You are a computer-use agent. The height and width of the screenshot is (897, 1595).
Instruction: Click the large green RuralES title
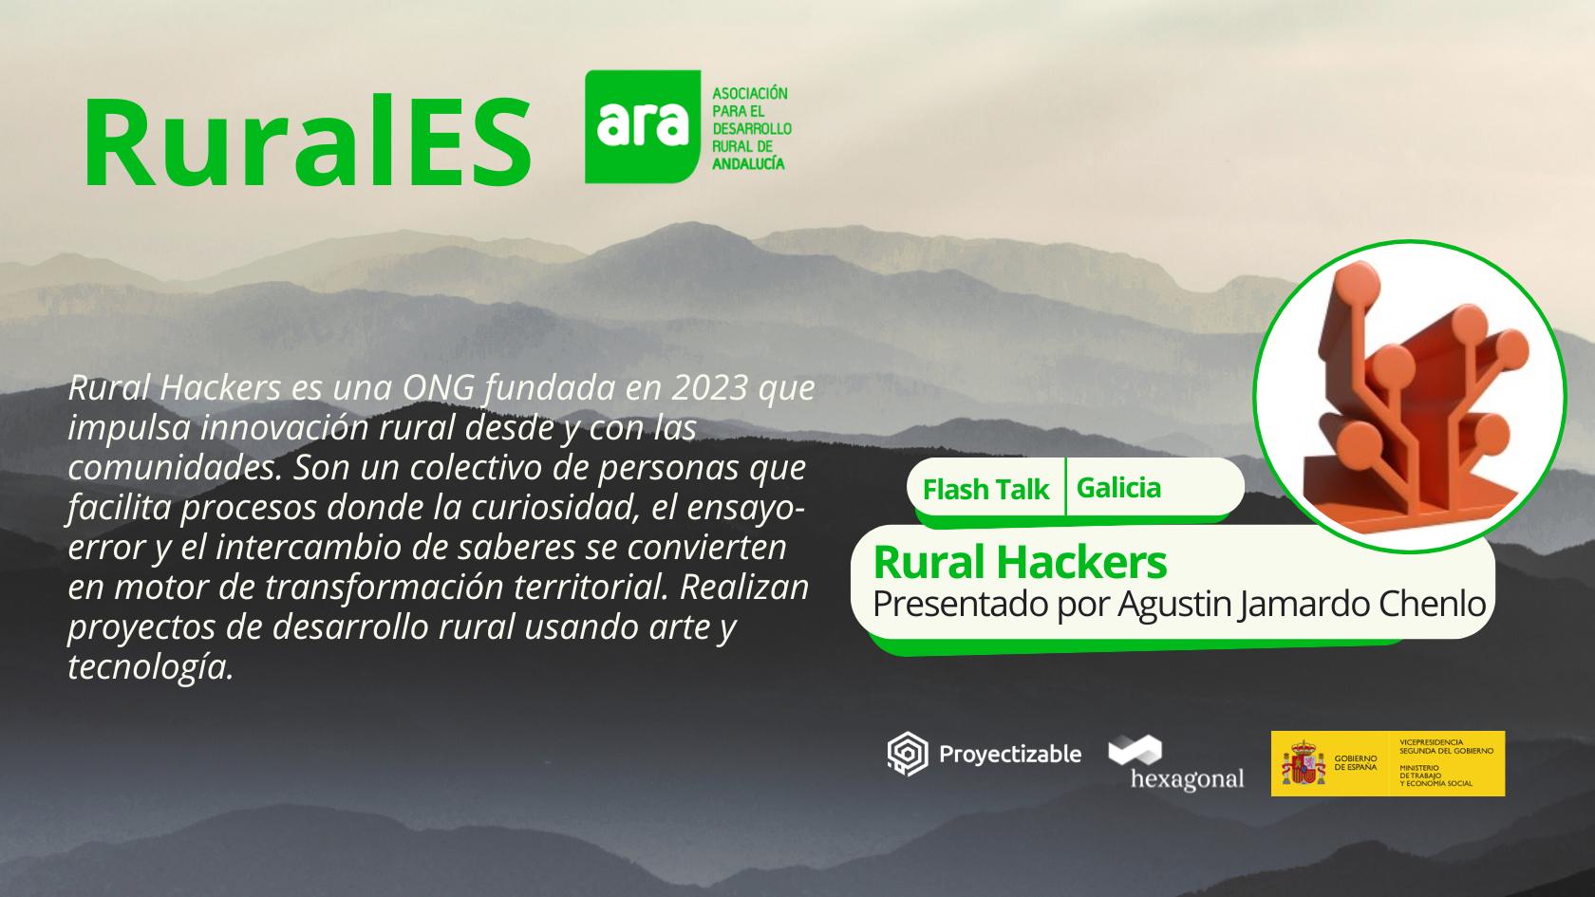tap(308, 141)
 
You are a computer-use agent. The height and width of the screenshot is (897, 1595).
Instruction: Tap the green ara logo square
tap(642, 127)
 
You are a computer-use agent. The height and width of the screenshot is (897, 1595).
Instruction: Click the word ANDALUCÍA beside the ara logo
tap(748, 163)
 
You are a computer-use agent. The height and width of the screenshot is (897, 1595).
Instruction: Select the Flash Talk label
tap(985, 489)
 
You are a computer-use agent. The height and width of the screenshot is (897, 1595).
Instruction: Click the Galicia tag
tap(1118, 488)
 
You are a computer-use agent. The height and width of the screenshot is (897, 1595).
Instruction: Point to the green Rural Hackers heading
tap(1020, 562)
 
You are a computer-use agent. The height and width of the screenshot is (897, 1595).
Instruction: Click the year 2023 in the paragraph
tap(710, 388)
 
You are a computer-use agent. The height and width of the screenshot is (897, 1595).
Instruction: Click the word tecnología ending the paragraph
tap(151, 668)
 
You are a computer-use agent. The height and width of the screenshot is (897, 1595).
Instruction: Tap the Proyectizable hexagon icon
tap(908, 754)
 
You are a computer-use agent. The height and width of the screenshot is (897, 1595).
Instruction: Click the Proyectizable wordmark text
tap(1010, 754)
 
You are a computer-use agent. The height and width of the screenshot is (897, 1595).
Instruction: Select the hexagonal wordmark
tap(1187, 778)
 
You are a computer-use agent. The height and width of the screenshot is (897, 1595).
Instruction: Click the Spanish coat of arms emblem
tap(1303, 762)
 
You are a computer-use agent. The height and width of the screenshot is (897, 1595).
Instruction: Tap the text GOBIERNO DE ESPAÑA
tap(1356, 762)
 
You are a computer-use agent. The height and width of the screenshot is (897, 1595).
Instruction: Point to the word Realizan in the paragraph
tap(744, 588)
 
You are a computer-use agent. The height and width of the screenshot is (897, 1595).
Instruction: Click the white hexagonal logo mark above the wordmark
tap(1135, 750)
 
